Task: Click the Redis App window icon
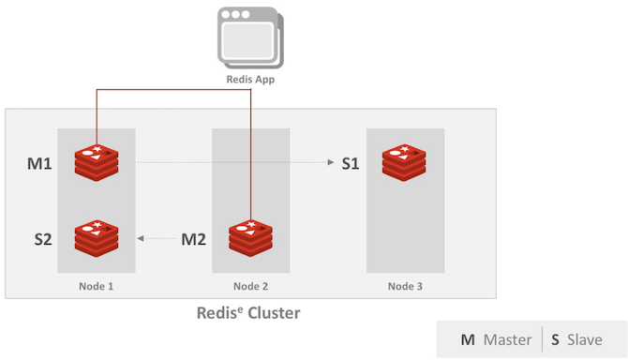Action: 250,37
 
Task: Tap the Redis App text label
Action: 250,80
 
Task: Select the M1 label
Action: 39,163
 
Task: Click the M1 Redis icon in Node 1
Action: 97,162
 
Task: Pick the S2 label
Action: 43,239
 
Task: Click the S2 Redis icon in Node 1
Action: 97,238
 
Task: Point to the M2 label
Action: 193,239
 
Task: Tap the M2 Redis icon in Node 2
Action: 250,238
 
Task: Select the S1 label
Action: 351,163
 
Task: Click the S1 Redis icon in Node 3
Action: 404,162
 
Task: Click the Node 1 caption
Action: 97,286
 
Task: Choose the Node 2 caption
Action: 250,286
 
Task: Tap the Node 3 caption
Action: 405,286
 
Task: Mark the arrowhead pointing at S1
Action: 331,162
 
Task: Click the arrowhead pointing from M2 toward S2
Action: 141,238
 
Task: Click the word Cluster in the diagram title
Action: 274,313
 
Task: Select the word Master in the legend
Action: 507,339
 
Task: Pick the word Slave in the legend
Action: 585,339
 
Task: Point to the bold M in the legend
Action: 468,340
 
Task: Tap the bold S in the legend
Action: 555,340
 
